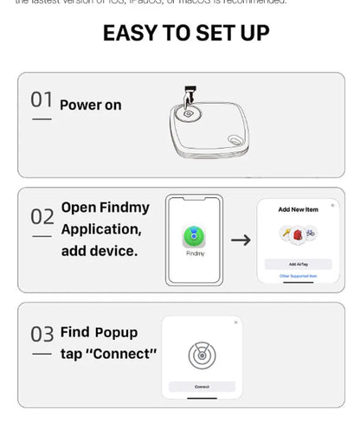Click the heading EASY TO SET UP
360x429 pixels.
tap(186, 34)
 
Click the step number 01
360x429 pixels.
tap(42, 100)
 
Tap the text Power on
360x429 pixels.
tap(90, 106)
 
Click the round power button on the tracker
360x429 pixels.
tap(188, 112)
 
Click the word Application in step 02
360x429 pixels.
tap(100, 229)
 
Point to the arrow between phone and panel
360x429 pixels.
tap(241, 240)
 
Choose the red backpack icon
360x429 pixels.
tap(297, 234)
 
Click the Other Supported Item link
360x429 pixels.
tap(297, 276)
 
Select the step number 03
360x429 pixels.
tap(42, 334)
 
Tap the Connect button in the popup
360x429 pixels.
tap(202, 386)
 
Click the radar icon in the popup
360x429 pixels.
tap(201, 354)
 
